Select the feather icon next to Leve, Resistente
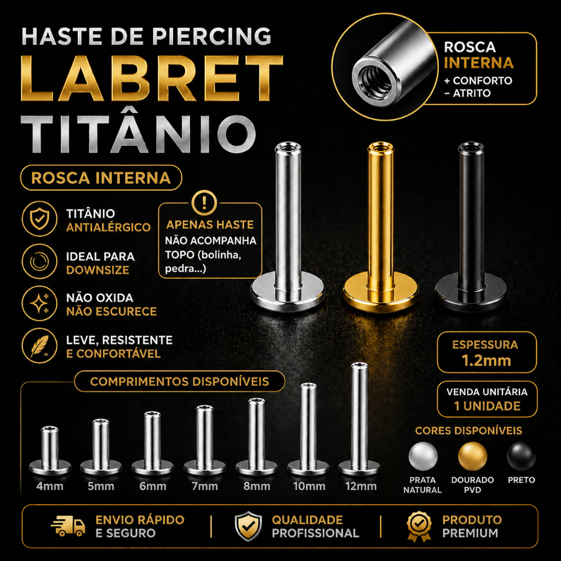click(x=39, y=346)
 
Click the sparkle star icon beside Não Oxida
click(x=39, y=304)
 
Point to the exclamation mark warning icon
click(x=204, y=203)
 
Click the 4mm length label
click(x=50, y=486)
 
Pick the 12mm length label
click(x=361, y=486)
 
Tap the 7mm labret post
click(x=205, y=440)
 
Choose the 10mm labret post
click(x=308, y=429)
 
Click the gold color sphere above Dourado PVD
click(x=473, y=456)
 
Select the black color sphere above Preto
click(x=522, y=456)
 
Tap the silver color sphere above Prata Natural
click(x=423, y=456)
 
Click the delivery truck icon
click(x=68, y=526)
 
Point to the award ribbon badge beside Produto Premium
click(x=419, y=526)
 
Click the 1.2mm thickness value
click(x=486, y=360)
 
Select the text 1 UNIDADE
click(x=487, y=406)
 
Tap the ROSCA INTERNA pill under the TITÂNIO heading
click(x=101, y=178)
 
